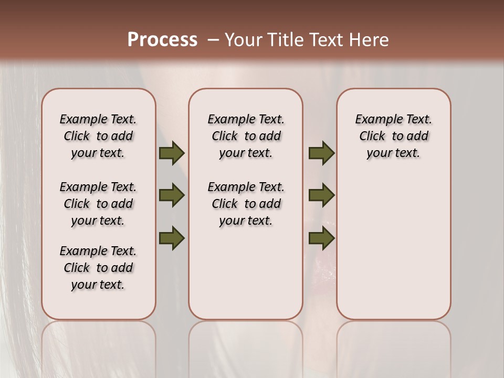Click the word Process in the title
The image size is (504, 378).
click(162, 39)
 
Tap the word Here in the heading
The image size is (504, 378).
click(369, 40)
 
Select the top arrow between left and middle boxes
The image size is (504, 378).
click(172, 153)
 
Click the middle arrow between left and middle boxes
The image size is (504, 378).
click(172, 195)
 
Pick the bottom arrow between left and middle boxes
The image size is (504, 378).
click(172, 238)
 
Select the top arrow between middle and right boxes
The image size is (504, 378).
click(321, 153)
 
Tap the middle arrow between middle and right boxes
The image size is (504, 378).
click(321, 195)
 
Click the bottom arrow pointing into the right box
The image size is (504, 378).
click(321, 238)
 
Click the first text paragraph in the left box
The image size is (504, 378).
click(98, 136)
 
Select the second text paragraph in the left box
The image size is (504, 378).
click(98, 204)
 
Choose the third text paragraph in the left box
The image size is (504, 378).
click(98, 268)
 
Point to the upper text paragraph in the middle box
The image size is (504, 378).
click(246, 136)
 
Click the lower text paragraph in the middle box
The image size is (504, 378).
click(246, 204)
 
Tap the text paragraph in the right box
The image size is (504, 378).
click(393, 136)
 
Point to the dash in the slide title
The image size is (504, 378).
click(213, 40)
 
